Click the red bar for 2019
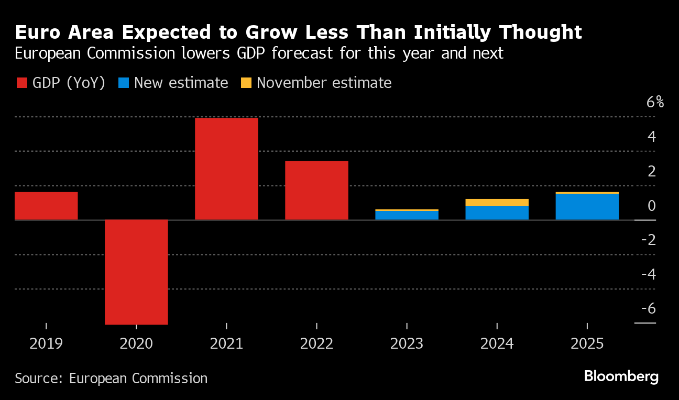(46, 206)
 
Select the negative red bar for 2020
(136, 272)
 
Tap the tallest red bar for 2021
(226, 169)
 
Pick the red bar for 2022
(316, 190)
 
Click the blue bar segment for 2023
(407, 215)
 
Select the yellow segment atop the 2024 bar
(497, 202)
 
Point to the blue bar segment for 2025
(587, 207)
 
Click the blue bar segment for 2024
(497, 213)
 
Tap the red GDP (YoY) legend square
(21, 83)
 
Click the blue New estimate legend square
(123, 83)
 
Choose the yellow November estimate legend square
(246, 83)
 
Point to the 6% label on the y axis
(655, 102)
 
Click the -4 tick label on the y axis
(648, 274)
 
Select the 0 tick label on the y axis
(651, 205)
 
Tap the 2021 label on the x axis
(226, 344)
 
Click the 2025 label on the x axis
(587, 344)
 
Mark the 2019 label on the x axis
(46, 344)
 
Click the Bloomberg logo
(621, 376)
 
